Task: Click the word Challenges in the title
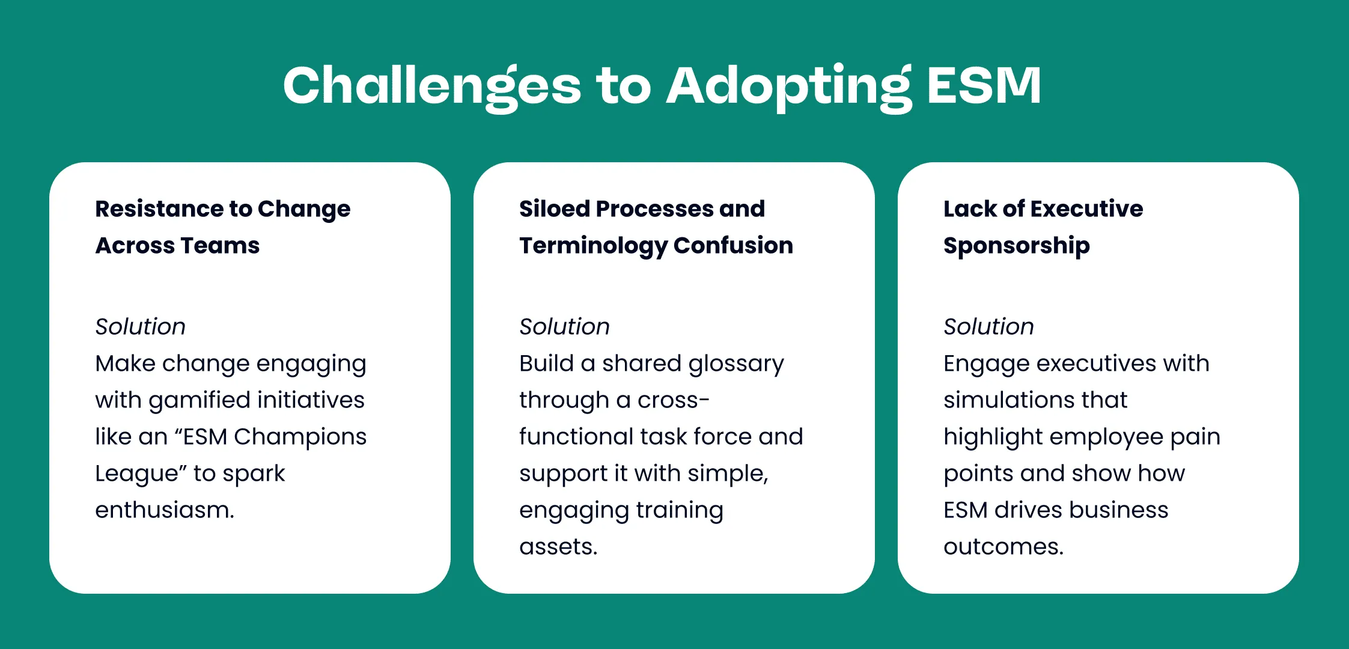432,87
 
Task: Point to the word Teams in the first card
221,245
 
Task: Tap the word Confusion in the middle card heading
733,245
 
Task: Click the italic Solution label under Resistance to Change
141,326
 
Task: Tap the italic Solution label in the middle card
565,326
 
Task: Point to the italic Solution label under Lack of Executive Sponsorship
989,326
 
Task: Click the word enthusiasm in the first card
165,510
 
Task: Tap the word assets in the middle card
558,547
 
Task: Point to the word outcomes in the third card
1003,547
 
